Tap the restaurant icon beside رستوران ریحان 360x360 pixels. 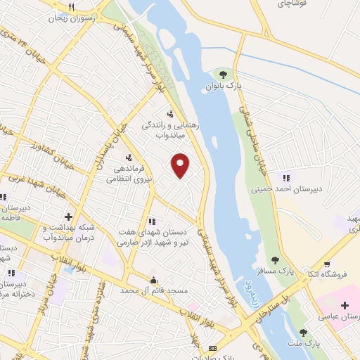pos(70,6)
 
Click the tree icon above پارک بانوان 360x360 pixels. pos(223,74)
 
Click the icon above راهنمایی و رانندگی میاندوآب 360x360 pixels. pos(169,113)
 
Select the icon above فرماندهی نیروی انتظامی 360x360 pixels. pos(128,157)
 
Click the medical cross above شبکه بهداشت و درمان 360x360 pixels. pos(68,216)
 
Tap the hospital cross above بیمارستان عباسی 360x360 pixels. pos(345,304)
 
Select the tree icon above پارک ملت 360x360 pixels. pos(303,332)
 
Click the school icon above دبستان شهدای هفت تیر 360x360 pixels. pos(152,221)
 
